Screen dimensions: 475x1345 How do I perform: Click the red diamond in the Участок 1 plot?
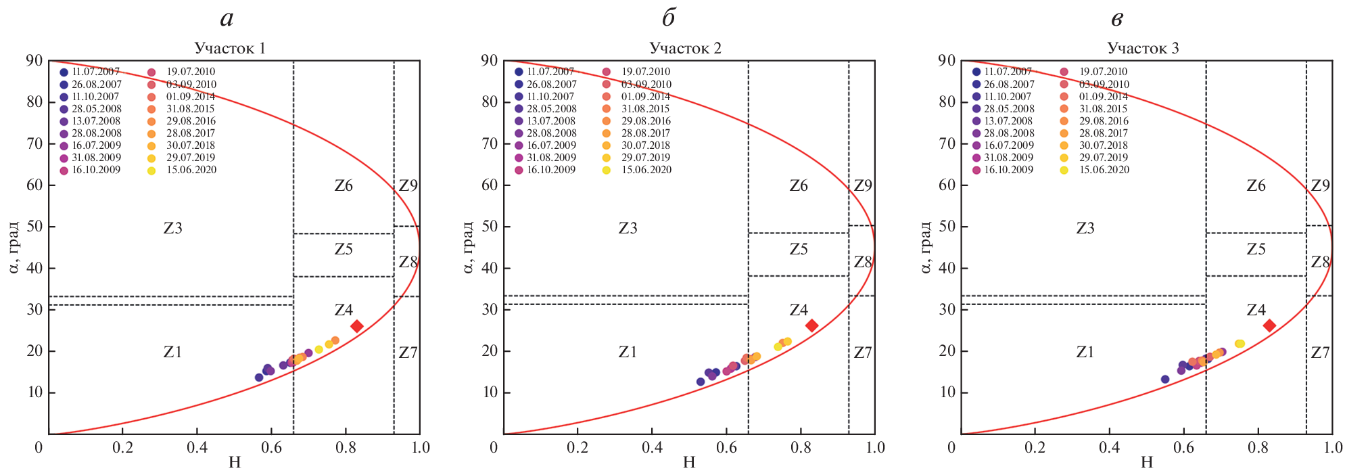tap(356, 326)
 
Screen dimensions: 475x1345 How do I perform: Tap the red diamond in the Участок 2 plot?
tap(811, 325)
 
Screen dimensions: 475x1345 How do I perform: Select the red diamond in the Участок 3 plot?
tap(1269, 325)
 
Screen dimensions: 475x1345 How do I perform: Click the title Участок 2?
tap(685, 48)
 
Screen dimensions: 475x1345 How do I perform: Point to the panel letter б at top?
tap(668, 19)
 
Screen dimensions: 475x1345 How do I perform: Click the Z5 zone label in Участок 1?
tap(344, 250)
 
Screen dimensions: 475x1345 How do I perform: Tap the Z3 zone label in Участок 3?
tap(1085, 228)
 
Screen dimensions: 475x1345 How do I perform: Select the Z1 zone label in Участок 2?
tap(628, 352)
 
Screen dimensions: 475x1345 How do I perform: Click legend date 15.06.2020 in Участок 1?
tap(191, 170)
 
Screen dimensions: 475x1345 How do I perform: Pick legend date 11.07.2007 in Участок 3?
tap(1008, 72)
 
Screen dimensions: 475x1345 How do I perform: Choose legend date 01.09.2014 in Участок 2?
tap(646, 97)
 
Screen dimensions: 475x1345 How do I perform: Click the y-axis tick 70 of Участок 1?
tap(34, 143)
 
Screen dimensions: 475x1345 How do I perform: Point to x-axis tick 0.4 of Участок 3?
tap(1109, 447)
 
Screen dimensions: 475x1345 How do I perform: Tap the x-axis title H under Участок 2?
tap(689, 463)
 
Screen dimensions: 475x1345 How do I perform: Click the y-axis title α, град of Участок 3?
tap(926, 247)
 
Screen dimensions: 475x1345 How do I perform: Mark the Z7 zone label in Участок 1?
tap(408, 353)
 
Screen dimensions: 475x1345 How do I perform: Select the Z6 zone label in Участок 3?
tap(1256, 186)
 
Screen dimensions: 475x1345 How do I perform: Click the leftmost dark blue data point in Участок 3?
tap(1165, 379)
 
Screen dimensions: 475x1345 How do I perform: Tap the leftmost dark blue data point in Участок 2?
tap(701, 382)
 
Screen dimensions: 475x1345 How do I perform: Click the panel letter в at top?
tap(1117, 19)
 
